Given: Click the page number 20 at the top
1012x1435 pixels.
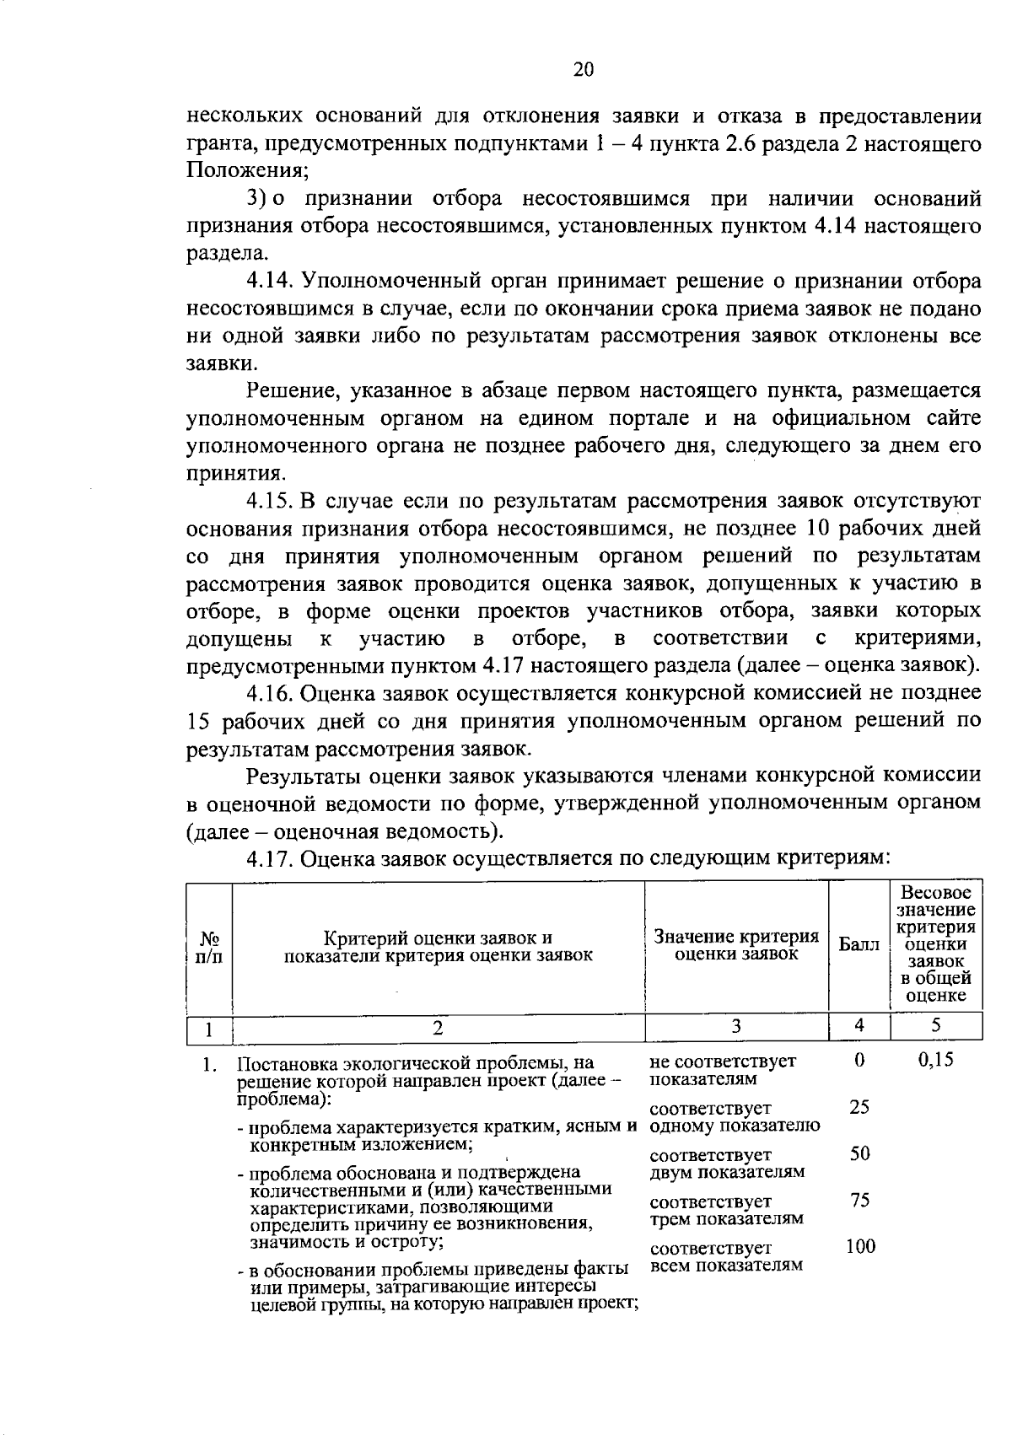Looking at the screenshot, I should tap(583, 70).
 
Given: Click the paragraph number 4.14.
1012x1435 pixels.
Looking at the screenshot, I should tap(269, 280).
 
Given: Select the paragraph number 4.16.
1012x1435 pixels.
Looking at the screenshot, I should tap(269, 693).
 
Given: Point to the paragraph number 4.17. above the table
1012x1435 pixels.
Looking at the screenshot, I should tap(269, 858).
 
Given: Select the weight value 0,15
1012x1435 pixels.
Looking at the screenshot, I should tap(935, 1060).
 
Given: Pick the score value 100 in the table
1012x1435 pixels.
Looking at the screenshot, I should tap(860, 1246).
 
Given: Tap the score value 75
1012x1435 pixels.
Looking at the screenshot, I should tap(859, 1200).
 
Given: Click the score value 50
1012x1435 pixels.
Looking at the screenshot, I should tap(859, 1153).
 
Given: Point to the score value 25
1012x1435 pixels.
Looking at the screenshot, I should tap(859, 1107).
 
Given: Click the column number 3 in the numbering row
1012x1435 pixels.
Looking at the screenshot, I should tap(736, 1026).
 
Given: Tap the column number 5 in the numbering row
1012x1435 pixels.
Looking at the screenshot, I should tap(936, 1025).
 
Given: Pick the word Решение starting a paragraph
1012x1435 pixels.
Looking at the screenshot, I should tap(292, 390).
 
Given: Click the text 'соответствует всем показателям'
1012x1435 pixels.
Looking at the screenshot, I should tap(726, 1256).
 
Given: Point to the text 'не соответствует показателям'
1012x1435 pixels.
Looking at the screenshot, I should tap(723, 1070).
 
